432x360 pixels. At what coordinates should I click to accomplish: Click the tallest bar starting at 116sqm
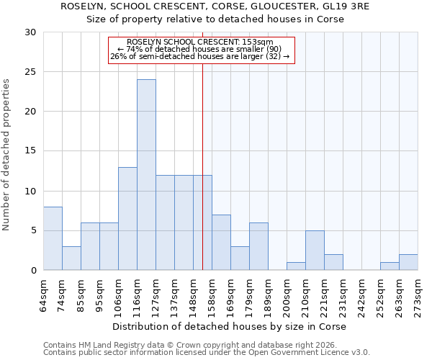click(146, 175)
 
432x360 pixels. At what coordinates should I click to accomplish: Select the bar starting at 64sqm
click(53, 238)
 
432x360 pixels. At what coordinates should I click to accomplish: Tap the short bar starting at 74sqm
click(71, 258)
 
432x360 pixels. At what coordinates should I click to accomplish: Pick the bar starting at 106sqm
click(127, 219)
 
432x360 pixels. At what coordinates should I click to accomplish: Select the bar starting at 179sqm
click(258, 246)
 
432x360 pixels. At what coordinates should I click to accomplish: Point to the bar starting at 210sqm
click(315, 251)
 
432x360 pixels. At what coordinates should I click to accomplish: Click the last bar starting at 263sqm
click(408, 262)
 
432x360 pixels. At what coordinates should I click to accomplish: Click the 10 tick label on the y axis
click(30, 192)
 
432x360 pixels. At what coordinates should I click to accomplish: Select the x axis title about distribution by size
click(230, 327)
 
